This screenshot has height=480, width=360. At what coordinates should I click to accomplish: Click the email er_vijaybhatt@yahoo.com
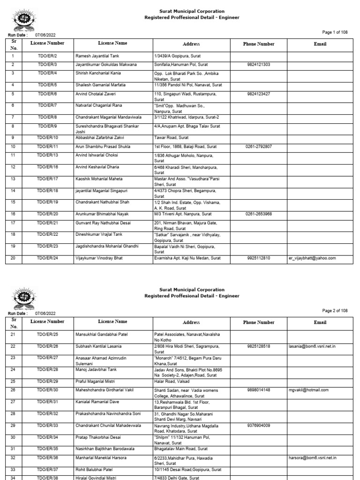click(x=313, y=258)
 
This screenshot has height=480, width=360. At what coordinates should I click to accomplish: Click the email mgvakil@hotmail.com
click(x=308, y=390)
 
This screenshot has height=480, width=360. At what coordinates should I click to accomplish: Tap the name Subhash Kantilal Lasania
click(x=98, y=346)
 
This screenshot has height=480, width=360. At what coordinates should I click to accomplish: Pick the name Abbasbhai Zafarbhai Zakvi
click(x=100, y=138)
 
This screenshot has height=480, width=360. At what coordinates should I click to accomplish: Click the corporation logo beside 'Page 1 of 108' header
click(x=22, y=21)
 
